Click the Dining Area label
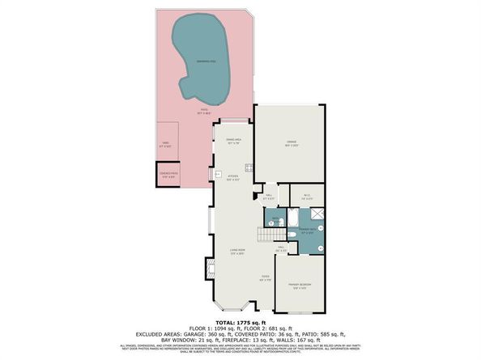[x=232, y=143]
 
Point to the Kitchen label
[x=232, y=179]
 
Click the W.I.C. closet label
[x=307, y=195]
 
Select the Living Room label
[x=236, y=252]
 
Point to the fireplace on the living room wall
[x=212, y=268]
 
